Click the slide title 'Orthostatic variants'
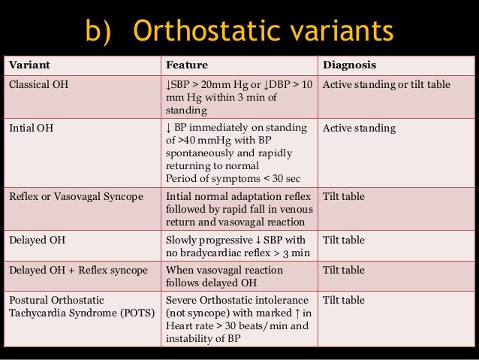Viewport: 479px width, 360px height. coord(263,31)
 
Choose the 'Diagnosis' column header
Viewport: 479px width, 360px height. coord(349,65)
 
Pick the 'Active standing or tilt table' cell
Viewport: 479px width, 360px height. coord(386,84)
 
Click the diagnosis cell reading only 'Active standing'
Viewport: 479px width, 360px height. coord(359,128)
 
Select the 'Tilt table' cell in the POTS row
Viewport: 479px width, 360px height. coord(343,300)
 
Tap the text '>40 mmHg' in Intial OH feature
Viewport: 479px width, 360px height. coord(199,141)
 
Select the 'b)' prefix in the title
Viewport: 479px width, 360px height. coord(101,31)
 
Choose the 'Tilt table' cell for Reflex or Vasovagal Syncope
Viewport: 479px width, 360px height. coord(343,196)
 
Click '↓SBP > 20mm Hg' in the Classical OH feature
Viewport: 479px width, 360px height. coord(204,84)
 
